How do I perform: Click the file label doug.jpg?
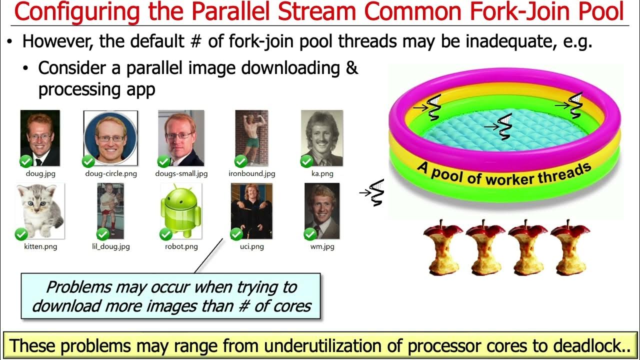pos(40,174)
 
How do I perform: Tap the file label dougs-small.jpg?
pos(181,174)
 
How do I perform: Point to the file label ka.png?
pos(322,174)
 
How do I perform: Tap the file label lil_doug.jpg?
pos(110,246)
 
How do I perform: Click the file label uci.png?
pos(251,246)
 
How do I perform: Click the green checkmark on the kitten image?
pos(21,234)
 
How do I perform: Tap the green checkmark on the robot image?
pos(165,234)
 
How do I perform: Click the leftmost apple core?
pos(442,247)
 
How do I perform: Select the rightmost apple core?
pos(569,247)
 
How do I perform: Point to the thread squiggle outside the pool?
pos(376,192)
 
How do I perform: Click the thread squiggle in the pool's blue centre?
pos(505,126)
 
